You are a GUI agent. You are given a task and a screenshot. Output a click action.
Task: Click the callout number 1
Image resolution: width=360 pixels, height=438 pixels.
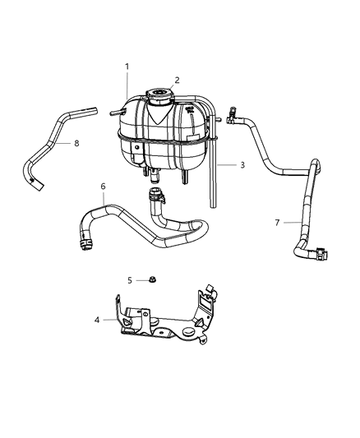pos(127,66)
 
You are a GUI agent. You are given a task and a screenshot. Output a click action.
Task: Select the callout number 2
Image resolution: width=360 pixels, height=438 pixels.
pos(176,79)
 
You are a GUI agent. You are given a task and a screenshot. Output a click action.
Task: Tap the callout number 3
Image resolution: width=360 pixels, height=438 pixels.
pos(242,165)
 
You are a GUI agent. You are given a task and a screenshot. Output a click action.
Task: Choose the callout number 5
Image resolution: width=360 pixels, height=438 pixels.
pos(129,279)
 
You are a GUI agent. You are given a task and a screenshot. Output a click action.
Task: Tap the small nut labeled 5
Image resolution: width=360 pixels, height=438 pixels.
pos(153,279)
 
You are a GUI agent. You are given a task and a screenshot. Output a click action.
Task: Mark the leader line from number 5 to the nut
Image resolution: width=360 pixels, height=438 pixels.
pos(141,279)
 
